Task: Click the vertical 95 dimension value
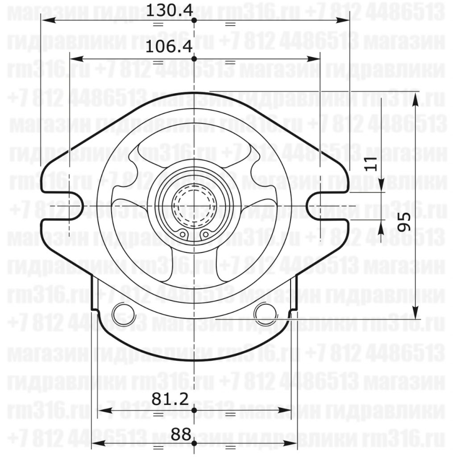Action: click(404, 221)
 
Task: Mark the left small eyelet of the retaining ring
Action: click(183, 234)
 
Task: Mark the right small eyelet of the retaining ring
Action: click(205, 234)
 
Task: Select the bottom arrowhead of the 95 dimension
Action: click(415, 314)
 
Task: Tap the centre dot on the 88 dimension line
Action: click(195, 443)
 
